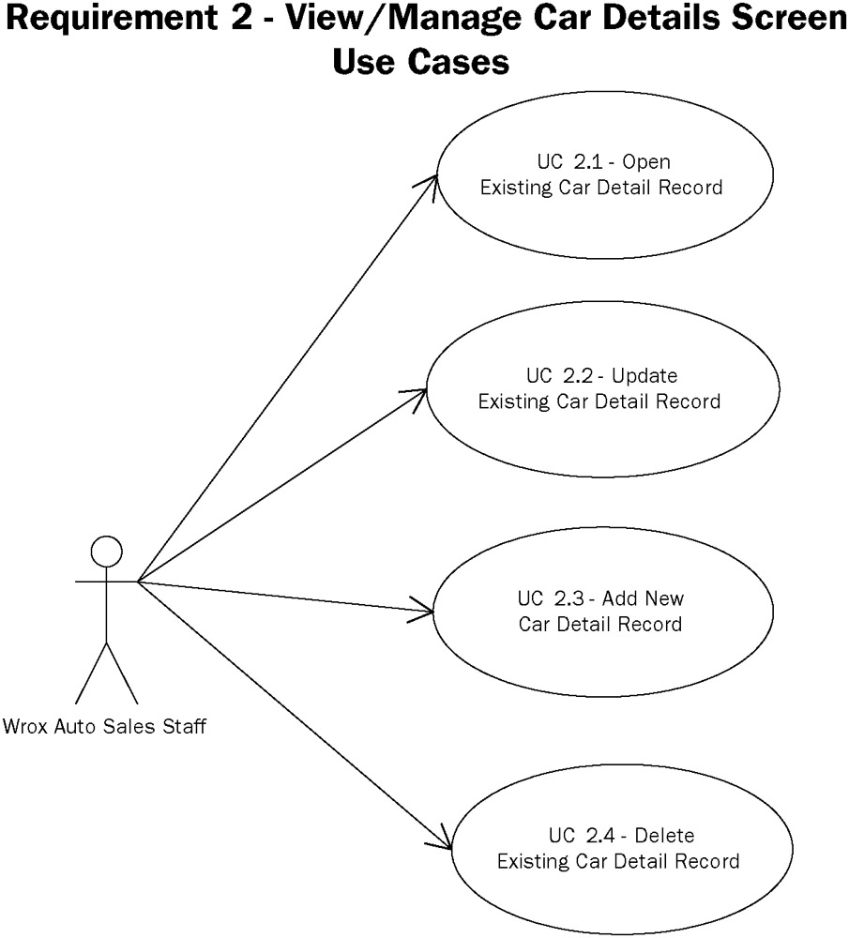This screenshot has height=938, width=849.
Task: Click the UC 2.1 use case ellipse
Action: coord(601,174)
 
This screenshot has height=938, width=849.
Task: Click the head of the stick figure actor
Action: coord(107,551)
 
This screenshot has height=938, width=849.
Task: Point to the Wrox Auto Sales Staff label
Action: coord(105,726)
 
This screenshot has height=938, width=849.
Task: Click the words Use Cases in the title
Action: coord(421,63)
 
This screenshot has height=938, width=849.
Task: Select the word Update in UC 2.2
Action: coord(644,376)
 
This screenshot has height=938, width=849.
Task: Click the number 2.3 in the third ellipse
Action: coord(573,598)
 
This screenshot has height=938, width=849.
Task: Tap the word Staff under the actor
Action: coord(187,726)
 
